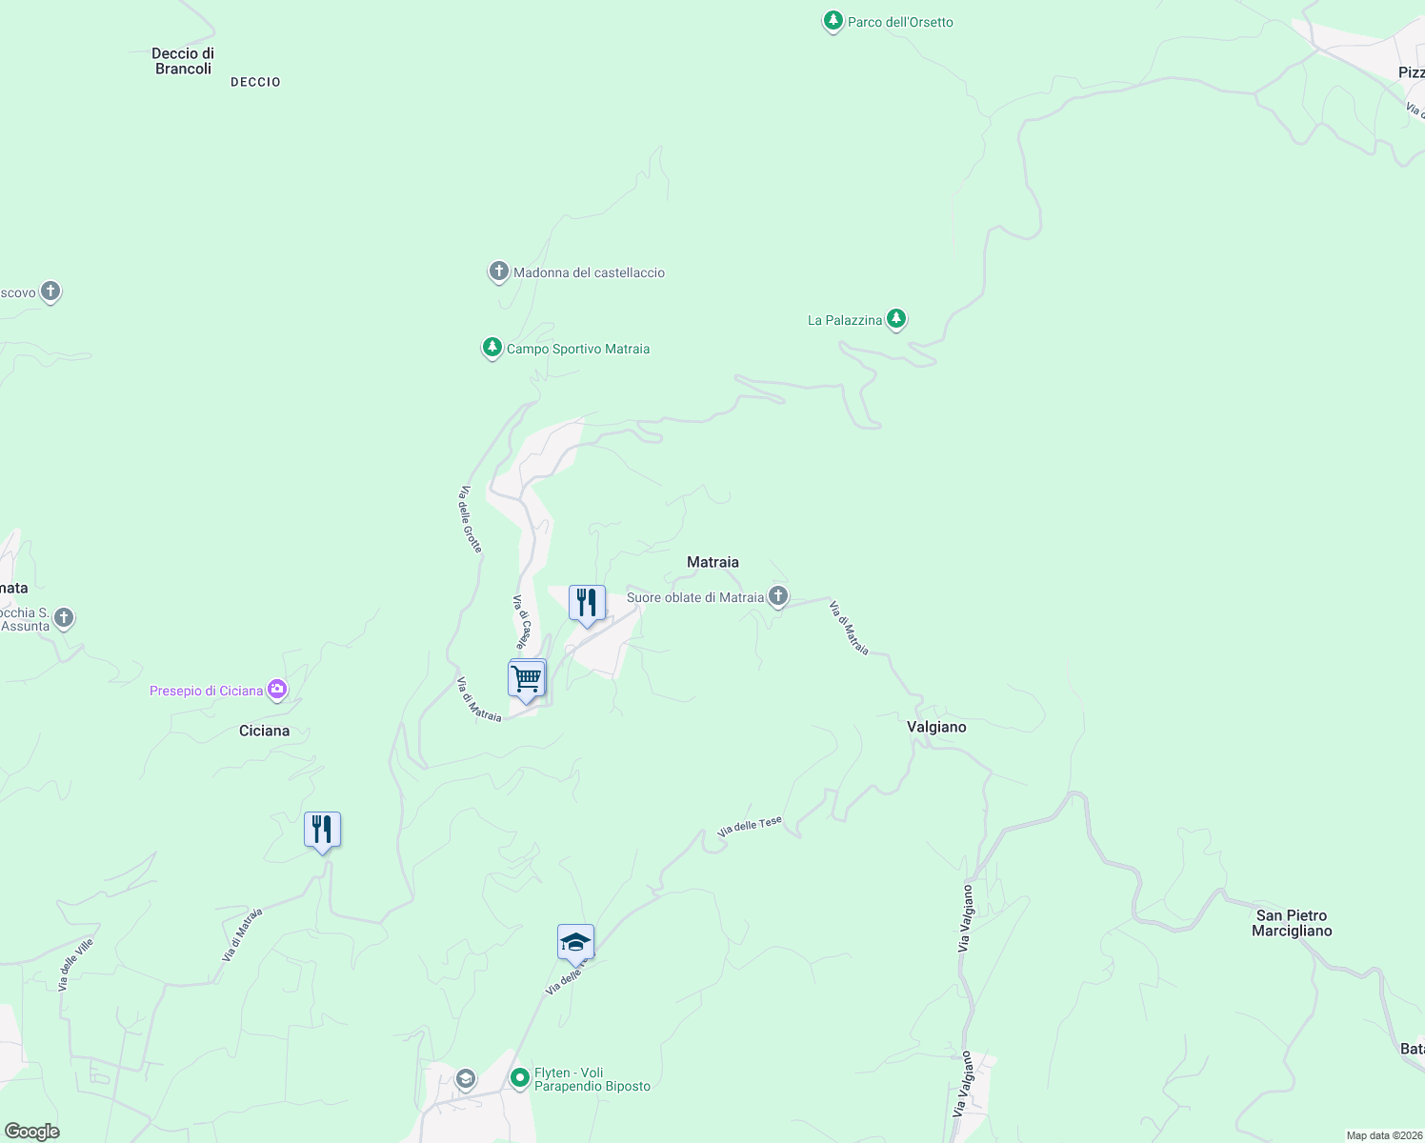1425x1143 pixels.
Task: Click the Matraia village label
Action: click(x=712, y=562)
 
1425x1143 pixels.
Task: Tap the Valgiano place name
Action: click(x=936, y=727)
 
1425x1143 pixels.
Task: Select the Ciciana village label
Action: click(x=264, y=731)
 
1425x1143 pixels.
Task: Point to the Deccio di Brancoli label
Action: click(x=183, y=61)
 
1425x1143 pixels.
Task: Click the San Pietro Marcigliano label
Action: click(x=1292, y=923)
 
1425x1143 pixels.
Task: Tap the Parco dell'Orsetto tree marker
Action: click(x=833, y=21)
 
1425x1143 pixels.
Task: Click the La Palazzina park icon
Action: click(x=895, y=319)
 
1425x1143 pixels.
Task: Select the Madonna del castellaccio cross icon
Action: click(x=498, y=271)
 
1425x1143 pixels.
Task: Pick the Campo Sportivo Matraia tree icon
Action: click(x=492, y=348)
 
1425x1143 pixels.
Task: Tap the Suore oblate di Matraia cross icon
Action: click(x=778, y=597)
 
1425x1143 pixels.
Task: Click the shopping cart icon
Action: click(x=526, y=679)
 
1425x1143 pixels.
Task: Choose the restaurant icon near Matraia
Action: click(x=587, y=603)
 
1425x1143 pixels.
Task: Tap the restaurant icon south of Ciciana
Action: click(x=322, y=830)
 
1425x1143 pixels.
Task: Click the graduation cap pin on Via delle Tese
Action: click(x=575, y=942)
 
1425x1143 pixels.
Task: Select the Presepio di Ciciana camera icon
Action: click(x=277, y=690)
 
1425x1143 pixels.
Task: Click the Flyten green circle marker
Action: click(x=520, y=1078)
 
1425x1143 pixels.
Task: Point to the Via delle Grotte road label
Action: click(x=471, y=519)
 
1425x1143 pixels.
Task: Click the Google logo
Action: click(x=32, y=1131)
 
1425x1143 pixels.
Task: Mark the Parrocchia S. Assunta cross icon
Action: click(x=64, y=618)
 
